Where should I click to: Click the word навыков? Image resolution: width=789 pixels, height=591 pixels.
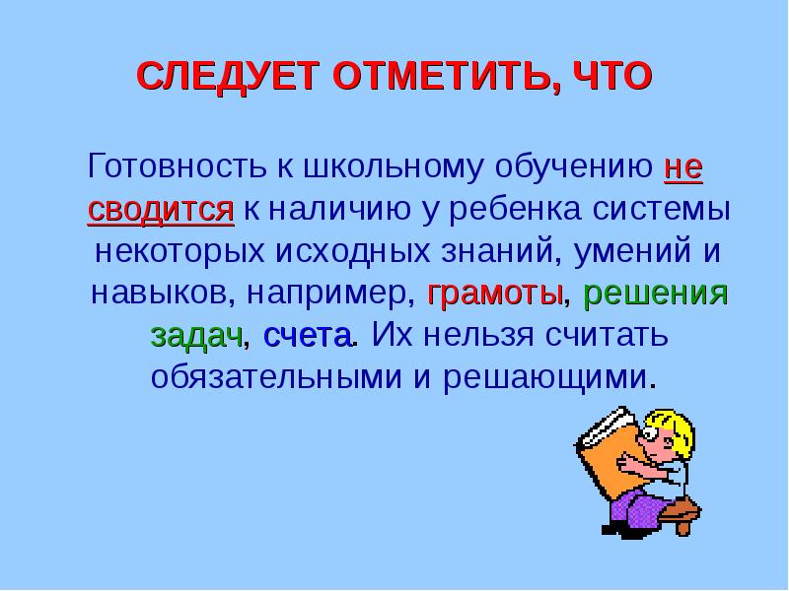tap(167, 293)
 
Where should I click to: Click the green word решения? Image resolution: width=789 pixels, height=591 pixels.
tap(656, 293)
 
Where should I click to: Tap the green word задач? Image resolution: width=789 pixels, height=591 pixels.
tap(197, 335)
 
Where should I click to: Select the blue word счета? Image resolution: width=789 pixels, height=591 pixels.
tap(308, 335)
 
